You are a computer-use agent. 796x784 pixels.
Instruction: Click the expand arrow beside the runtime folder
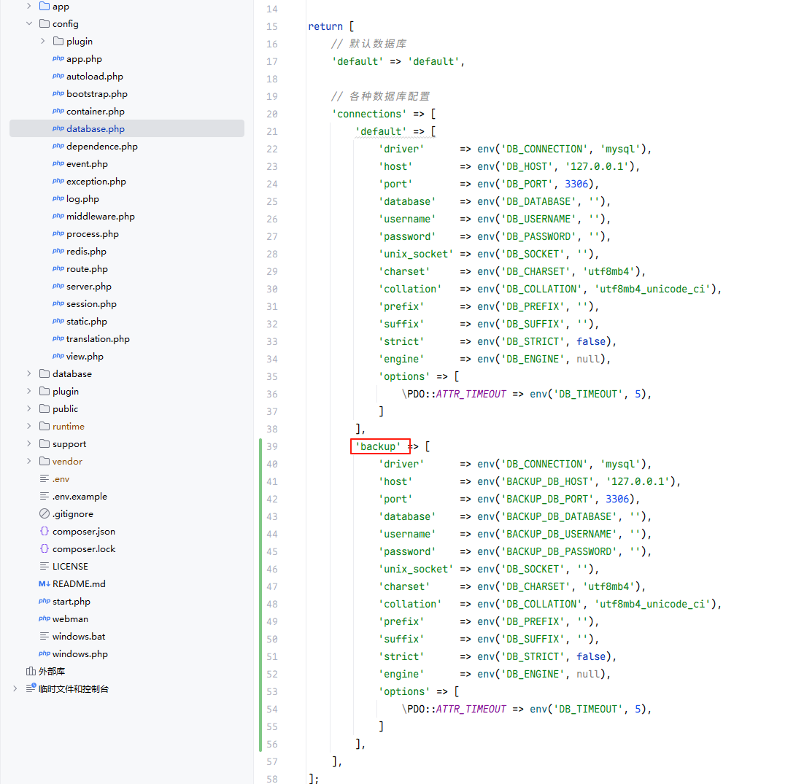pos(29,426)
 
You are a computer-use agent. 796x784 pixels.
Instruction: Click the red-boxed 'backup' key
pos(378,446)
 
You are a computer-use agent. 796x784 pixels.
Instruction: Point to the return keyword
pos(325,26)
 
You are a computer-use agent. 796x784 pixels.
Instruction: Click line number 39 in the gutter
pos(272,446)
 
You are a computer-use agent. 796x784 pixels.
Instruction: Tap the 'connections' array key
pos(369,115)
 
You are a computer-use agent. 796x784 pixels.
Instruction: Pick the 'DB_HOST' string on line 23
pos(528,166)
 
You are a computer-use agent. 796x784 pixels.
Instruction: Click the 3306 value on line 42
pos(617,499)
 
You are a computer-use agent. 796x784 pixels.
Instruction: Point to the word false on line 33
pos(591,341)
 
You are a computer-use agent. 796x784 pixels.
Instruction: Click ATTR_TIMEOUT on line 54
pos(471,709)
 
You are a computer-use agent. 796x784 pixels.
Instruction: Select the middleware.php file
pos(101,216)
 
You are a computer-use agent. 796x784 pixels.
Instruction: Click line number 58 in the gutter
pos(272,779)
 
